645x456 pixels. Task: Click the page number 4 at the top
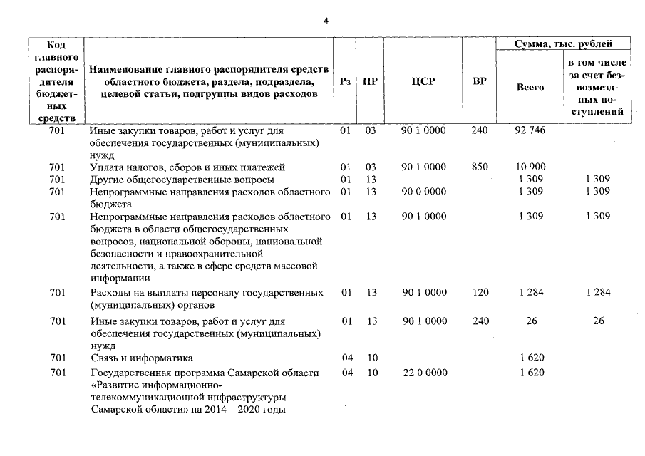tap(326, 21)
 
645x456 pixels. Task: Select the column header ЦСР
tap(423, 81)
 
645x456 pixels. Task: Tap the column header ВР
tap(480, 81)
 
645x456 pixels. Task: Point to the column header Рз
tap(346, 81)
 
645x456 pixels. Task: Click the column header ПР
tap(370, 81)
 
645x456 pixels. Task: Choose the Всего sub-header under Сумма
tap(530, 87)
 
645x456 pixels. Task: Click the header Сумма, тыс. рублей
tap(563, 44)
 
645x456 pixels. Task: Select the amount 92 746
tap(530, 131)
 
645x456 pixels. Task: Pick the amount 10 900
tap(530, 167)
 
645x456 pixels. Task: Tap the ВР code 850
tap(480, 167)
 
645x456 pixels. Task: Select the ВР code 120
tap(480, 292)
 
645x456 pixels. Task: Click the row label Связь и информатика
tap(141, 358)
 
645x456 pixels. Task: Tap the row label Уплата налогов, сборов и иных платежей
tap(187, 167)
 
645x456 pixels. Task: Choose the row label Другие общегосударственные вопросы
tap(181, 179)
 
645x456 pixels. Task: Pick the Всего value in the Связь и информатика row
tap(530, 358)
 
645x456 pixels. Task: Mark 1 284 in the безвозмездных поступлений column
tap(598, 292)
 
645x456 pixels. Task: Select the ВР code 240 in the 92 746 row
tap(480, 131)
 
